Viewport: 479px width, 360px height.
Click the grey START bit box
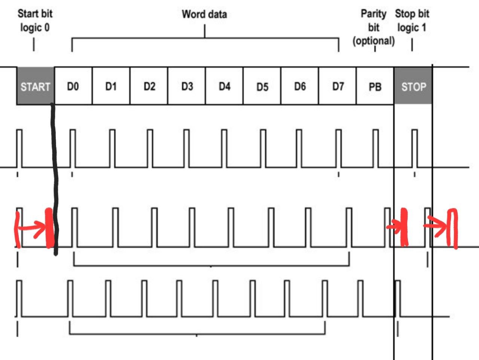35,86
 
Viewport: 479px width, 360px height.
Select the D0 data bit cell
73,86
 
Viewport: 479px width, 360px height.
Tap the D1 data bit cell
111,86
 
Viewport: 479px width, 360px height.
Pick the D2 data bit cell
149,86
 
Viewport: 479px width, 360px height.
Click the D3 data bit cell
187,86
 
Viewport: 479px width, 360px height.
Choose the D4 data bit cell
225,86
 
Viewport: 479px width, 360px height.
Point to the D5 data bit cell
262,86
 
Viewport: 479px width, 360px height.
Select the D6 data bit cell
300,86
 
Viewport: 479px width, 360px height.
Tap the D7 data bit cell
338,86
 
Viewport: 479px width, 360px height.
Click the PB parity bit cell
375,86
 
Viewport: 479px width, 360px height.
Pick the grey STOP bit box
413,86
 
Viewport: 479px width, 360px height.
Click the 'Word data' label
204,14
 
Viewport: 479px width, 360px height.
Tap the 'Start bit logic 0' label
35,21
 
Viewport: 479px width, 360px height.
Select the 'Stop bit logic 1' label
412,21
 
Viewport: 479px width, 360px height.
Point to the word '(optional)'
373,40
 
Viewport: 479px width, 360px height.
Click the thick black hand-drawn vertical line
55,179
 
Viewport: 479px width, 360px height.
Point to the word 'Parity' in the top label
373,14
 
